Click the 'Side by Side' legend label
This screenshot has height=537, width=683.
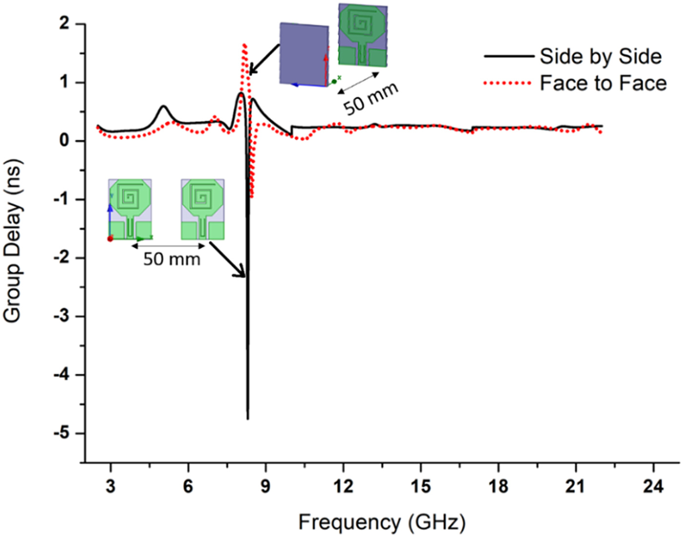pyautogui.click(x=601, y=57)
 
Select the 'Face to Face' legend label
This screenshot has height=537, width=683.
pyautogui.click(x=603, y=83)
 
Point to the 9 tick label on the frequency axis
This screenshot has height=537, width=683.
pyautogui.click(x=265, y=486)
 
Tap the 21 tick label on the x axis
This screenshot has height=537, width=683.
pyautogui.click(x=576, y=486)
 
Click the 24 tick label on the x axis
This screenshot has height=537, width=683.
pyautogui.click(x=653, y=486)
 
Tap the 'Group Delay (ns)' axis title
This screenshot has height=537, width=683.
pyautogui.click(x=13, y=240)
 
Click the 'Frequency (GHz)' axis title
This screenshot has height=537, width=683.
pyautogui.click(x=382, y=522)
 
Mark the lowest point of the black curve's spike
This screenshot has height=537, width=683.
pyautogui.click(x=248, y=418)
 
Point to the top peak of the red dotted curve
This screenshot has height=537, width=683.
pyautogui.click(x=244, y=45)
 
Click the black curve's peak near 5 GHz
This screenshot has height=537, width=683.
pyautogui.click(x=164, y=106)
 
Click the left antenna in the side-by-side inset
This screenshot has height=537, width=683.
pyautogui.click(x=130, y=209)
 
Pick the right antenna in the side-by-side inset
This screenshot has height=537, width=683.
pyautogui.click(x=202, y=209)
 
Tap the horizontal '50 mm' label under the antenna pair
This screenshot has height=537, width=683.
pyautogui.click(x=172, y=259)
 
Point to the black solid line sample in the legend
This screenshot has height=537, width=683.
pyautogui.click(x=508, y=57)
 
